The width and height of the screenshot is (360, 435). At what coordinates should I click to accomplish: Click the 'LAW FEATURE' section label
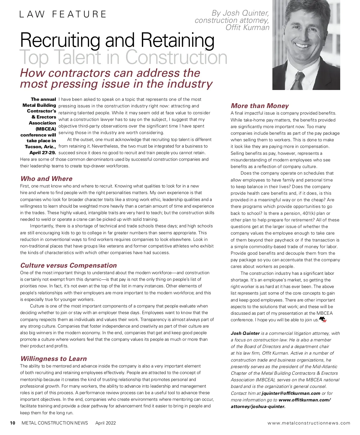[x=63, y=14]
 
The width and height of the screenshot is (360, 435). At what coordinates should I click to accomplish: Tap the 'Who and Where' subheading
[x=46, y=179]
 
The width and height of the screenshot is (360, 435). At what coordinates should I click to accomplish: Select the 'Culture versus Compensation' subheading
[x=68, y=265]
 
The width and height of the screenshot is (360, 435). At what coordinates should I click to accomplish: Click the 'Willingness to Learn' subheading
[x=53, y=359]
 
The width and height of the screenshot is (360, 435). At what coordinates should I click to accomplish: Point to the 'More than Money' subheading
[x=259, y=106]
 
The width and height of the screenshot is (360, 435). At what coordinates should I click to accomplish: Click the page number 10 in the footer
[x=12, y=423]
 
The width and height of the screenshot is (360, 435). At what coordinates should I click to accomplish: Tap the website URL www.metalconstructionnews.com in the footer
[x=309, y=423]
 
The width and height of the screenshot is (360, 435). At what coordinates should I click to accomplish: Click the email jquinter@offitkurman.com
[x=291, y=393]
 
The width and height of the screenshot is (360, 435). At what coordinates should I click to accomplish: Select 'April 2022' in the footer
[x=105, y=423]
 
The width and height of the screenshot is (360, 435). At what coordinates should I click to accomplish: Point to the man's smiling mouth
[x=302, y=46]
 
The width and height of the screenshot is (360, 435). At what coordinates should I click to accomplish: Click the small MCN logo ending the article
[x=322, y=319]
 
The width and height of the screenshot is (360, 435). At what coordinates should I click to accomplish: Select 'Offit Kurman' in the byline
[x=247, y=28]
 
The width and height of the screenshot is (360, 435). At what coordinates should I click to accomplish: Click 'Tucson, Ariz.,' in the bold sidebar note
[x=40, y=147]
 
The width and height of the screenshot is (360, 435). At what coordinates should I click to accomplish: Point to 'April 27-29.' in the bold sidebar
[x=43, y=153]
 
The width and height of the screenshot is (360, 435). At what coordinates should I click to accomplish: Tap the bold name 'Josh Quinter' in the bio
[x=245, y=333]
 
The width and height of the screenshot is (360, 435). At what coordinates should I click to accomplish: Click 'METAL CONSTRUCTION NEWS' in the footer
[x=55, y=423]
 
